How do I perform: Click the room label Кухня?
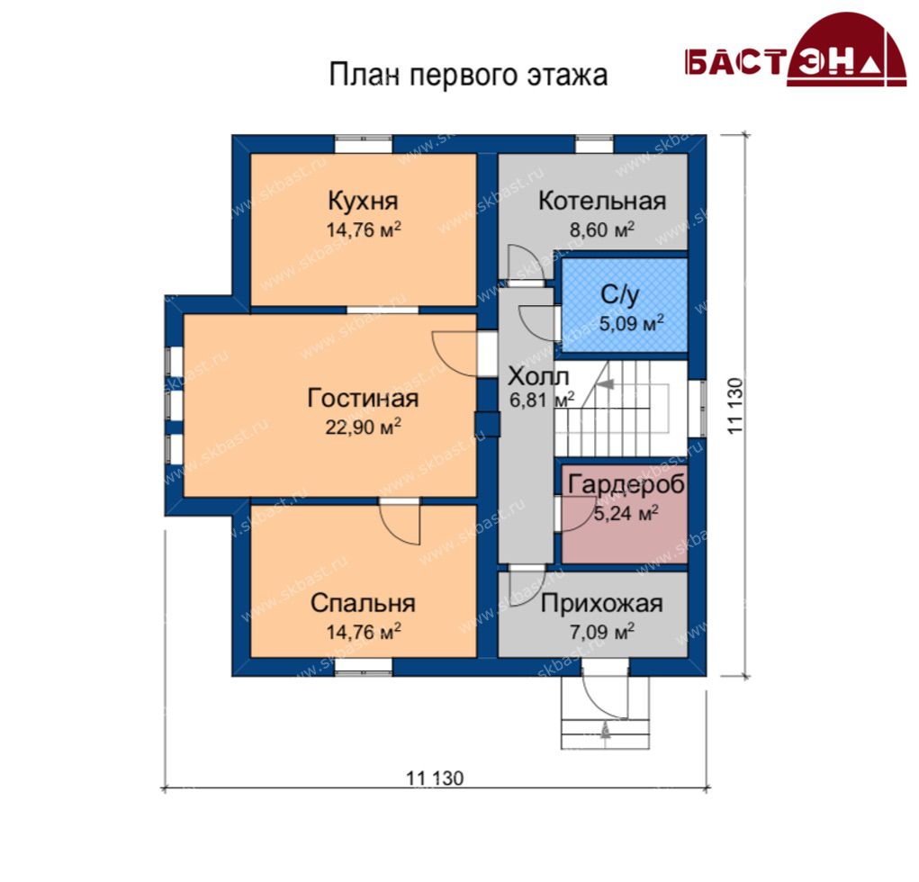point(363,201)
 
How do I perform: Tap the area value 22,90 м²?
point(364,426)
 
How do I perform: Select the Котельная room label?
point(602,201)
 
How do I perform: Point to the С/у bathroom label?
point(620,295)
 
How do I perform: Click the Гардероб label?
point(626,485)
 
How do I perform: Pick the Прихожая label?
point(602,603)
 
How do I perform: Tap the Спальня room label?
point(363,603)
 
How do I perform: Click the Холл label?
point(538,376)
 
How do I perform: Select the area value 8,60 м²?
point(602,229)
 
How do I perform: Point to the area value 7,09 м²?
point(602,632)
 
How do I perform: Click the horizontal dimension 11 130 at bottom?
point(435,778)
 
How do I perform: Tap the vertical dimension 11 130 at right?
point(735,406)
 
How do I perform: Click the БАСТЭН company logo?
point(796,51)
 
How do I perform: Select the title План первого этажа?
point(468,75)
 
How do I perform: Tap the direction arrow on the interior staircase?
point(606,384)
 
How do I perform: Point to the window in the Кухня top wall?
point(364,144)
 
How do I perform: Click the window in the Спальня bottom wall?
point(364,667)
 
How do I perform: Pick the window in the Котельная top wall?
point(594,144)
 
